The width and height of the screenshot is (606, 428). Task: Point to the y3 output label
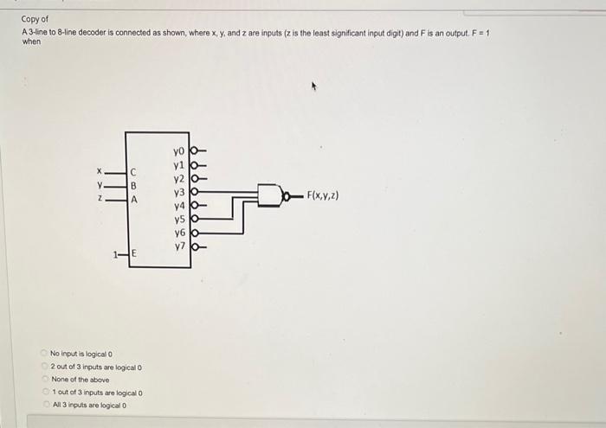coord(179,192)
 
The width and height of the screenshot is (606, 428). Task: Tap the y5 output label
coord(179,219)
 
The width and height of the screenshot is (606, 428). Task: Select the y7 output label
coord(179,246)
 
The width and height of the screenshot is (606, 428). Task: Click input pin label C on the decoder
coord(133,171)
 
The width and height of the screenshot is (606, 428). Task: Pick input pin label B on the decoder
coord(133,185)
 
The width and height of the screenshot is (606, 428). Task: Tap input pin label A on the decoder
coord(133,199)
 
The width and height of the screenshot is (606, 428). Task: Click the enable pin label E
coord(133,254)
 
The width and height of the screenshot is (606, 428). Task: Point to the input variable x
coord(100,170)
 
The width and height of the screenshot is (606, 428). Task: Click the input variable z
coord(100,199)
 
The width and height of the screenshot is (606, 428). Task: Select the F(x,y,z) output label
coord(322,195)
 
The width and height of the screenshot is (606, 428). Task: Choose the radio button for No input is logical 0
coord(44,354)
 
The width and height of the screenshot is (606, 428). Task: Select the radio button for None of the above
coord(44,379)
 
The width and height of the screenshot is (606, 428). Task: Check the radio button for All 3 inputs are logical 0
coord(44,405)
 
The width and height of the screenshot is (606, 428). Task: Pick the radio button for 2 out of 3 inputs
coord(44,367)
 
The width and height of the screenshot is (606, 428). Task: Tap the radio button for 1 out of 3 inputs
coord(44,392)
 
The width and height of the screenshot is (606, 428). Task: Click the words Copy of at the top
coord(35,18)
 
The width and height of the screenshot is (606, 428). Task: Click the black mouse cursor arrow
coord(314,86)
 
